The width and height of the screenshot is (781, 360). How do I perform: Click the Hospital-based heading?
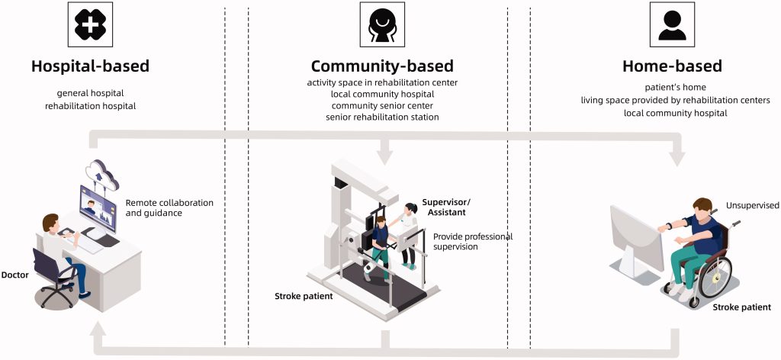90,66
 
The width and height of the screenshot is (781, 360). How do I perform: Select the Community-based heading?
382,66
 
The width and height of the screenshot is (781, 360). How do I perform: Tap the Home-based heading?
672,66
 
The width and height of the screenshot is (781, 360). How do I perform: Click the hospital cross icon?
90,24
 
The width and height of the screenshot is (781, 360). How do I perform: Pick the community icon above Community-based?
382,24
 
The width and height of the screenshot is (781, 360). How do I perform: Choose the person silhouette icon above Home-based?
673,24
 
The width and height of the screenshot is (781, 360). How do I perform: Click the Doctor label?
15,275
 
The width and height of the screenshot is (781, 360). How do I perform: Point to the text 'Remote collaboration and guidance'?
169,209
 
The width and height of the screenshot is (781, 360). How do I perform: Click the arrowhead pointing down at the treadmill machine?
384,157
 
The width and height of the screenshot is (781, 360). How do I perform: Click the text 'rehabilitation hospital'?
90,106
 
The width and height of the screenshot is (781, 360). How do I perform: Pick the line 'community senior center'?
382,105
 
